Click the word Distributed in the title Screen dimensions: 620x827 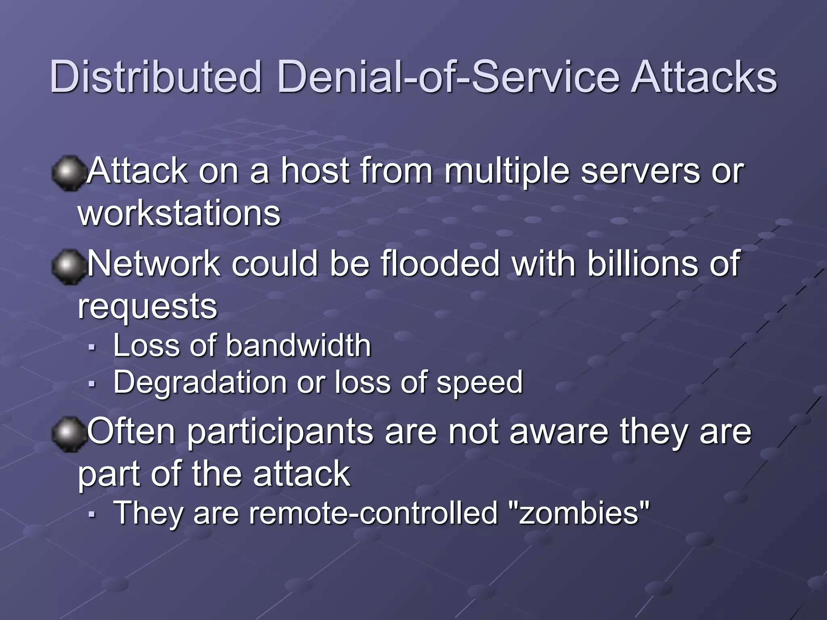[156, 77]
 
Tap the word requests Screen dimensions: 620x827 [147, 307]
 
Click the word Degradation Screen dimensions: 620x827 [200, 382]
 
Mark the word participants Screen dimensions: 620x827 [280, 432]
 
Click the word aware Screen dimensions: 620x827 [559, 431]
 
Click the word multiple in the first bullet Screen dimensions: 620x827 [507, 172]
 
